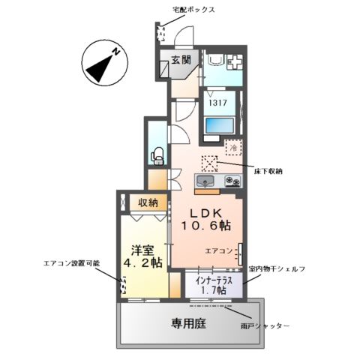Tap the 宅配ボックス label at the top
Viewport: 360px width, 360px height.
pos(193,10)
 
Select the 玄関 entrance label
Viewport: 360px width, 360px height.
pos(181,60)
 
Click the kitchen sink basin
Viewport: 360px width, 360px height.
pos(206,181)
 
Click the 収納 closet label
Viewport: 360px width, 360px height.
pos(148,202)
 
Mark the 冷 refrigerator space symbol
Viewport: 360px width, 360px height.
pos(234,148)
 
